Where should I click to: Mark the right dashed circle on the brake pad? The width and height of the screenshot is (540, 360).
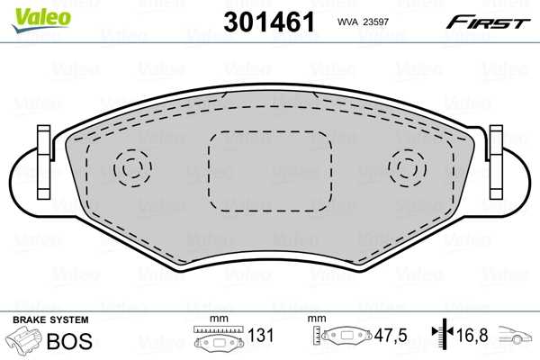pos(406,167)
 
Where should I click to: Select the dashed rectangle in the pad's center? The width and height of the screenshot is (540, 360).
pos(268,167)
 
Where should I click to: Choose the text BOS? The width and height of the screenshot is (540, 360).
pos(75,339)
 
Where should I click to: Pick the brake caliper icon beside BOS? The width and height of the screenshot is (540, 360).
pos(26,341)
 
